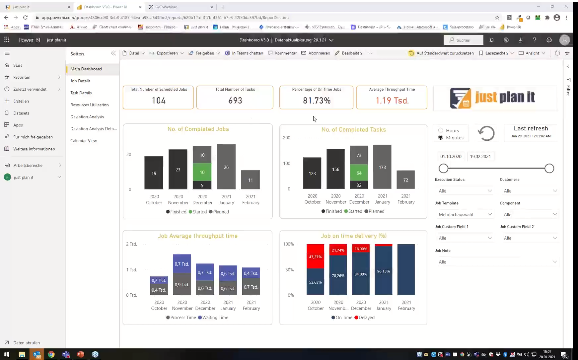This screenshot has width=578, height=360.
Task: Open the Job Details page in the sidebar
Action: pyautogui.click(x=80, y=81)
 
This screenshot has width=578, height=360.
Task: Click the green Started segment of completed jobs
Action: pyautogui.click(x=202, y=172)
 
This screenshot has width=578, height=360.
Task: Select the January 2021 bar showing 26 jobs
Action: pyautogui.click(x=226, y=167)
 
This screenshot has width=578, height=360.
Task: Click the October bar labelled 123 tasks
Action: pyautogui.click(x=312, y=173)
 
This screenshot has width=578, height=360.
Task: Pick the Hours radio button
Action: pyautogui.click(x=441, y=130)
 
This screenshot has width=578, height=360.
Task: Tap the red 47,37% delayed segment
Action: pyautogui.click(x=315, y=256)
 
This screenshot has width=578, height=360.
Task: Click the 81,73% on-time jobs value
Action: pyautogui.click(x=317, y=101)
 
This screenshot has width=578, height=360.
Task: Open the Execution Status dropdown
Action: pyautogui.click(x=465, y=191)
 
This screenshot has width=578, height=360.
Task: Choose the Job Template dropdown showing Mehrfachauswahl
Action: pyautogui.click(x=465, y=214)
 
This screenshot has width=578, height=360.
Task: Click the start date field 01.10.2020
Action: pyautogui.click(x=451, y=157)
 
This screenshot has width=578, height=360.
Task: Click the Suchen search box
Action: pyautogui.click(x=464, y=40)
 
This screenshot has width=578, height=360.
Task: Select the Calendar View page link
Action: pyautogui.click(x=84, y=141)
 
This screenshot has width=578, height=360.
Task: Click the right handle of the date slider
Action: pyautogui.click(x=549, y=169)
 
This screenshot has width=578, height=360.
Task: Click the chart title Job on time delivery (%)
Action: pyautogui.click(x=353, y=236)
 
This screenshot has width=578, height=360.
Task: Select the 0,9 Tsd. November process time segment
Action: pyautogui.click(x=182, y=284)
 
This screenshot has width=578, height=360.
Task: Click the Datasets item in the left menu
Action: pyautogui.click(x=21, y=113)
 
